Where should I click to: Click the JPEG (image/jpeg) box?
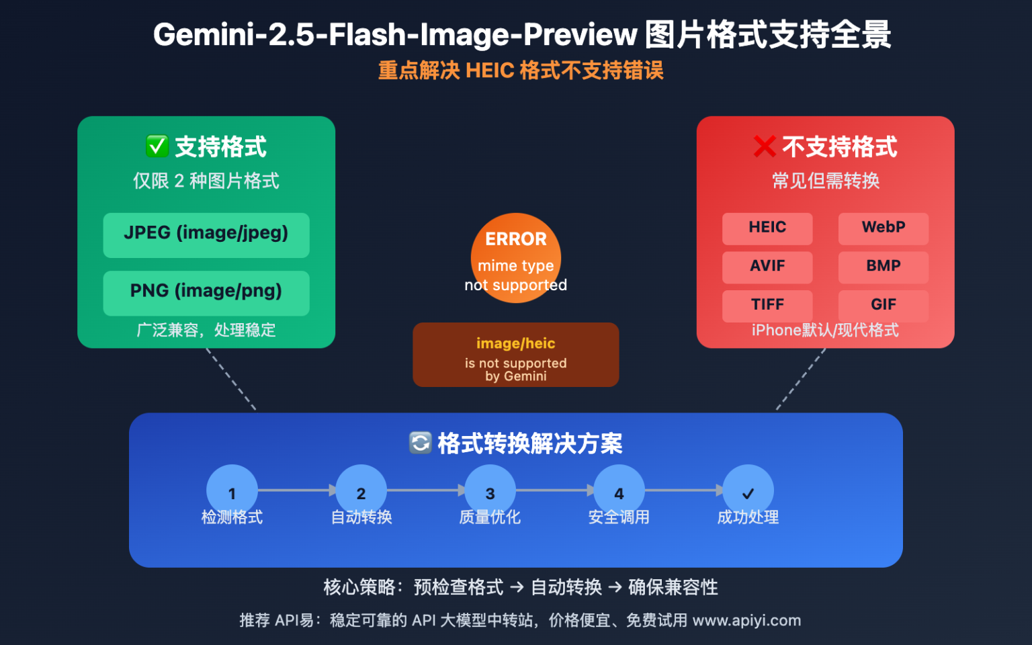[206, 235]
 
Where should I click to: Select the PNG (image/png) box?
[206, 293]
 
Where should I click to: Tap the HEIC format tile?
[767, 228]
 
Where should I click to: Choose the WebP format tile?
[884, 228]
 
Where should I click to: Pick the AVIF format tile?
[767, 267]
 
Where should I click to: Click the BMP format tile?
[884, 267]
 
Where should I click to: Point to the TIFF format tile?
[767, 305]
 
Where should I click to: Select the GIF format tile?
[884, 305]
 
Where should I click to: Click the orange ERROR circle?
[516, 257]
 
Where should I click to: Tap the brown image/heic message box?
[516, 355]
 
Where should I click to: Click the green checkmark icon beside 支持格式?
[157, 146]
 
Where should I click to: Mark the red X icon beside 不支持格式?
[765, 146]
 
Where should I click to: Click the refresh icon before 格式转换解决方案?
[421, 443]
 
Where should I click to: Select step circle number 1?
[232, 490]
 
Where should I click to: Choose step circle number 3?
[490, 490]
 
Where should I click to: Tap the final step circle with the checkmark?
[748, 490]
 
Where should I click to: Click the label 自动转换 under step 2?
[361, 517]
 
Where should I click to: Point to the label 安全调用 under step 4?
[619, 517]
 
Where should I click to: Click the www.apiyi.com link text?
[746, 620]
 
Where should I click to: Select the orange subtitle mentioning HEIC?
[521, 71]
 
